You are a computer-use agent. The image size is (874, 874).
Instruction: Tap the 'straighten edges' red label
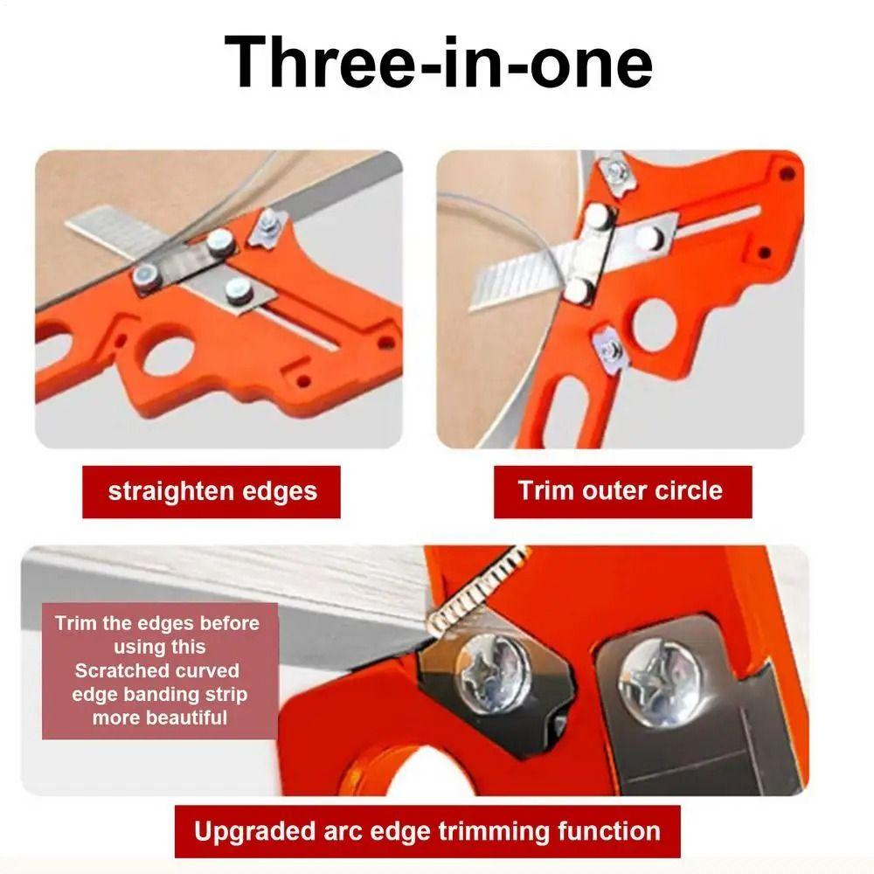[212, 491]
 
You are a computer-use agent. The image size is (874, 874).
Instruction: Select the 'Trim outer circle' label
[621, 489]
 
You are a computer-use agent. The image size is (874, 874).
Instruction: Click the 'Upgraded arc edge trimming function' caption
[427, 831]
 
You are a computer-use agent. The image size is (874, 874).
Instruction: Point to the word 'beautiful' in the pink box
[160, 718]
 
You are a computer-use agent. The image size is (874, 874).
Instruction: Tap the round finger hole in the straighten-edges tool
[168, 356]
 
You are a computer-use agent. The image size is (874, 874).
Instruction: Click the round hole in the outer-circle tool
[654, 321]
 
